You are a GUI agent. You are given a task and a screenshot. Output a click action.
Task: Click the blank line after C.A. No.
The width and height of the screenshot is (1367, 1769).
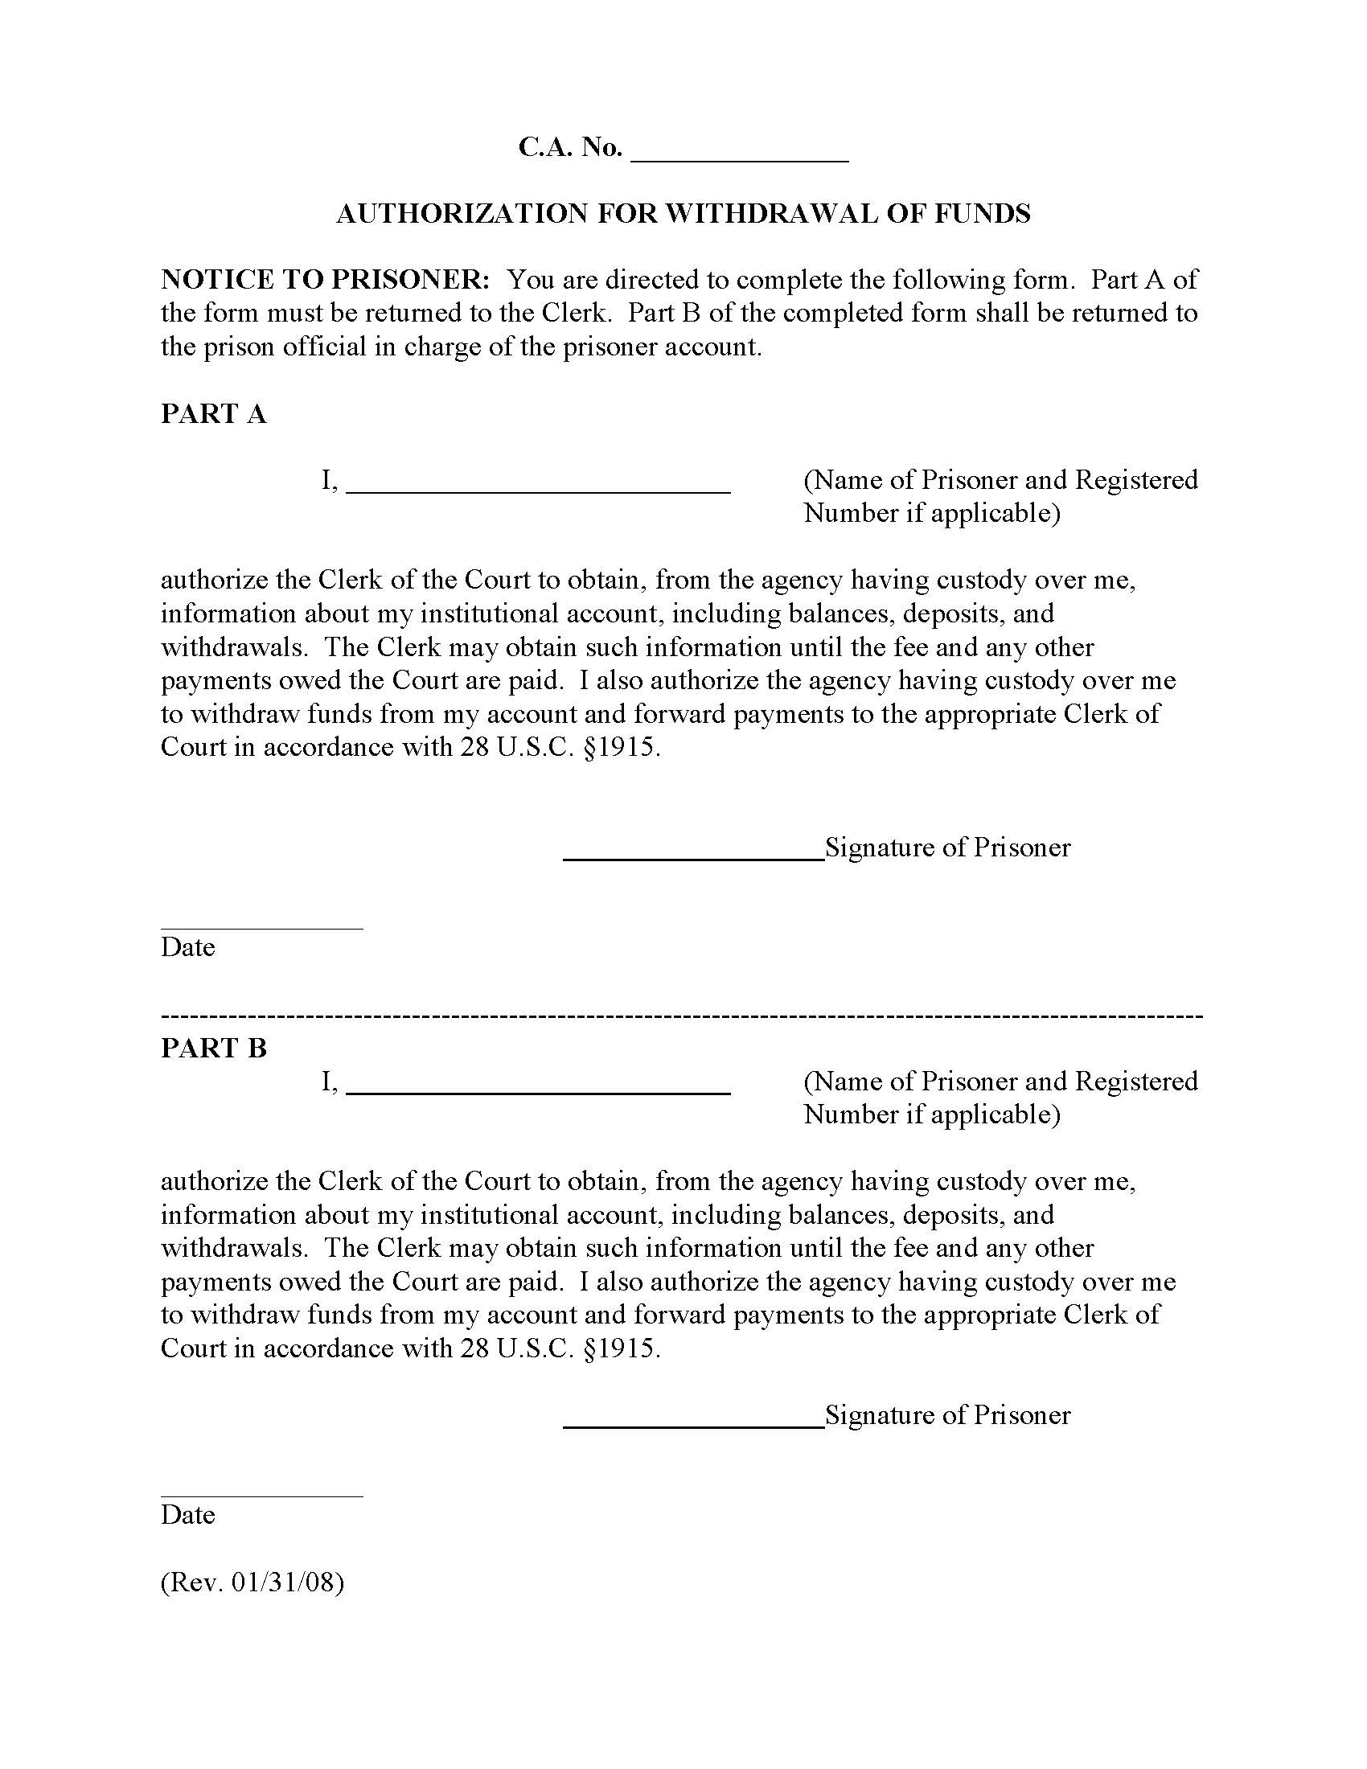tap(738, 158)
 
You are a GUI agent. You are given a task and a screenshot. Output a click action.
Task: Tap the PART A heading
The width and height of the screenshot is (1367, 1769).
tap(214, 414)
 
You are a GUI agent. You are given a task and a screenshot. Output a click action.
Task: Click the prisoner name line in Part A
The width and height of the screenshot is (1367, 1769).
tap(539, 488)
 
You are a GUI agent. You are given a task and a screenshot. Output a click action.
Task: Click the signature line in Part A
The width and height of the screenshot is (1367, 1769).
tap(693, 856)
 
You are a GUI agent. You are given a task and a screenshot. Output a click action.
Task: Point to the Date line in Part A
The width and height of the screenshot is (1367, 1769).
tap(261, 927)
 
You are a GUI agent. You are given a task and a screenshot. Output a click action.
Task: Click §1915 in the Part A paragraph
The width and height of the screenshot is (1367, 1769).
tap(621, 748)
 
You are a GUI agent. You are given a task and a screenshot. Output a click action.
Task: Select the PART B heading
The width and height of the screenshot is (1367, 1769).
tap(214, 1048)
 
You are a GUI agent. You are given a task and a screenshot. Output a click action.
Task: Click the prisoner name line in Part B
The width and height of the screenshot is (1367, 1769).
tap(539, 1090)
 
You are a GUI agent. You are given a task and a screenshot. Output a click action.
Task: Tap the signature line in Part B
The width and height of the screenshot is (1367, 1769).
tap(693, 1424)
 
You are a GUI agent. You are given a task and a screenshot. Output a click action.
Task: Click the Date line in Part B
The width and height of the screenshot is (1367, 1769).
tap(261, 1496)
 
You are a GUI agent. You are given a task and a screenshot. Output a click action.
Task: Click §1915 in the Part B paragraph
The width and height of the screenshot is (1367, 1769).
tap(621, 1348)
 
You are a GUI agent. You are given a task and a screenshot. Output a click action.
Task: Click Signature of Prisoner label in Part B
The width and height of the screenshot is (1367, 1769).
tap(947, 1415)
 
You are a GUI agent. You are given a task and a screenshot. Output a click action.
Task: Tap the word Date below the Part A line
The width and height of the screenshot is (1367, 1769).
tap(188, 948)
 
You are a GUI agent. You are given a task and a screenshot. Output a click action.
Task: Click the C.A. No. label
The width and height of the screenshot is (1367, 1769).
tap(570, 147)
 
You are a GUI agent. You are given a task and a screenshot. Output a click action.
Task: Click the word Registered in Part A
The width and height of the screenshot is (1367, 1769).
tap(1136, 480)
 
